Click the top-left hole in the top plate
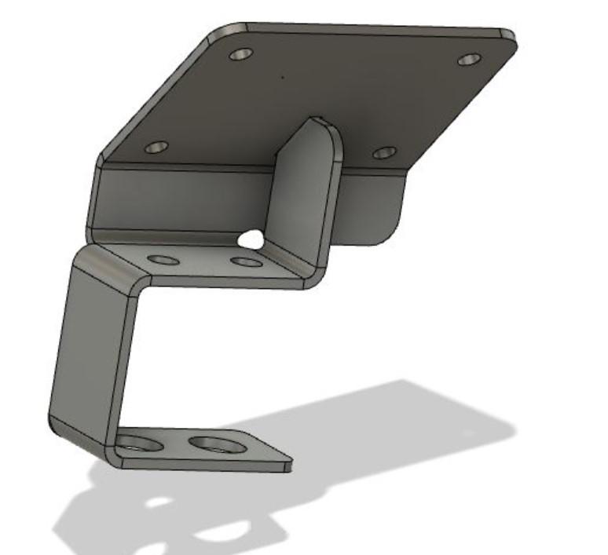point(241,55)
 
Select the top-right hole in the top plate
point(469,60)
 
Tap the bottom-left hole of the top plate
point(157,147)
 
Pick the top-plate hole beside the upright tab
point(384,152)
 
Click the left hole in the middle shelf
point(163,259)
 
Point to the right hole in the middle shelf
point(247,261)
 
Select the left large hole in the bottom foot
point(140,444)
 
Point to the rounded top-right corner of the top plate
point(507,36)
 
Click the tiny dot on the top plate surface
point(281,77)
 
